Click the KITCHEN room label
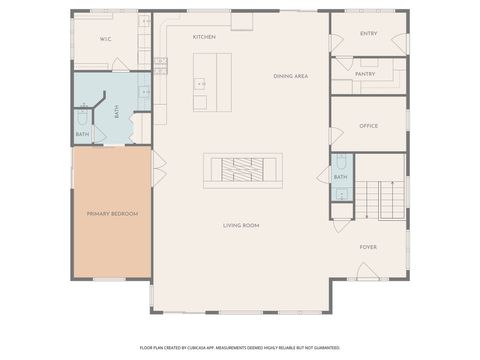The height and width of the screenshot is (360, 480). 204,37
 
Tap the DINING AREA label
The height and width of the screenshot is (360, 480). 290,76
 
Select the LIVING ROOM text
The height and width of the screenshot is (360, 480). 241,226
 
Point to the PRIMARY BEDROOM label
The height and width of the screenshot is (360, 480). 112,214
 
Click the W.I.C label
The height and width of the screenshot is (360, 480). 105,38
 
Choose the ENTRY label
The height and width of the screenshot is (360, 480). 368,34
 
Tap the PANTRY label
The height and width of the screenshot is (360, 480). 365,74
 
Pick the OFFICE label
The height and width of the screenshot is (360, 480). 368,126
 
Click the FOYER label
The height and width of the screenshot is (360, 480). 369,246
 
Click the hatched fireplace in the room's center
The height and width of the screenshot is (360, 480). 242,170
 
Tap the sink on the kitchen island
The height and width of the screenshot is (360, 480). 200,84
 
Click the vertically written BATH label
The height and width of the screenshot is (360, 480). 116,112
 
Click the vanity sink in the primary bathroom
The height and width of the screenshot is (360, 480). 143,92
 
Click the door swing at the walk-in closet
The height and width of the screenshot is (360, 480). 120,64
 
